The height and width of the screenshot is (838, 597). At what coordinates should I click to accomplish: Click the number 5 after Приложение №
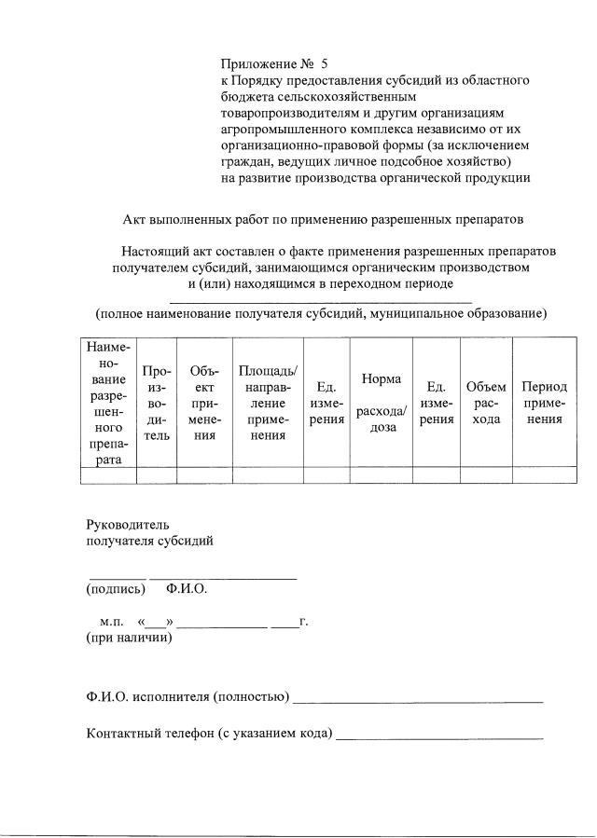[x=324, y=64]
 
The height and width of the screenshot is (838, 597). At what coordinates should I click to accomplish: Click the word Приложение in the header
[x=255, y=64]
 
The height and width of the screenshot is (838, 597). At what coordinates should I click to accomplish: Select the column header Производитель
[x=157, y=403]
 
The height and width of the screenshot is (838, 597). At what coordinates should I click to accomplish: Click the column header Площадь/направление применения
[x=268, y=403]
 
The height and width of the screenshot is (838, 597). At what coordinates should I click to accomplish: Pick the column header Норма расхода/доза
[x=382, y=403]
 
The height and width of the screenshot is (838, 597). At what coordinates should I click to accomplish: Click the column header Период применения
[x=542, y=403]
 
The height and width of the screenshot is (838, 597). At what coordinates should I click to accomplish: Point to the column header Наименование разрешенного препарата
[x=108, y=403]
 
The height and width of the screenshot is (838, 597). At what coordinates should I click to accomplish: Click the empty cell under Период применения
[x=542, y=475]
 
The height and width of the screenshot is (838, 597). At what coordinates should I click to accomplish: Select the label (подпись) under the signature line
[x=116, y=589]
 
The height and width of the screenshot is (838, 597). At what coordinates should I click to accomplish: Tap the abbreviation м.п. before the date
[x=112, y=621]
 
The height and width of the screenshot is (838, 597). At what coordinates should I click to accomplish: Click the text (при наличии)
[x=129, y=638]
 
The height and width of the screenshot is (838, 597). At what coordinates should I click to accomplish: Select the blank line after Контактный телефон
[x=439, y=735]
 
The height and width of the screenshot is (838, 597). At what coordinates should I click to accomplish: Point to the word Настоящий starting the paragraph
[x=155, y=252]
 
